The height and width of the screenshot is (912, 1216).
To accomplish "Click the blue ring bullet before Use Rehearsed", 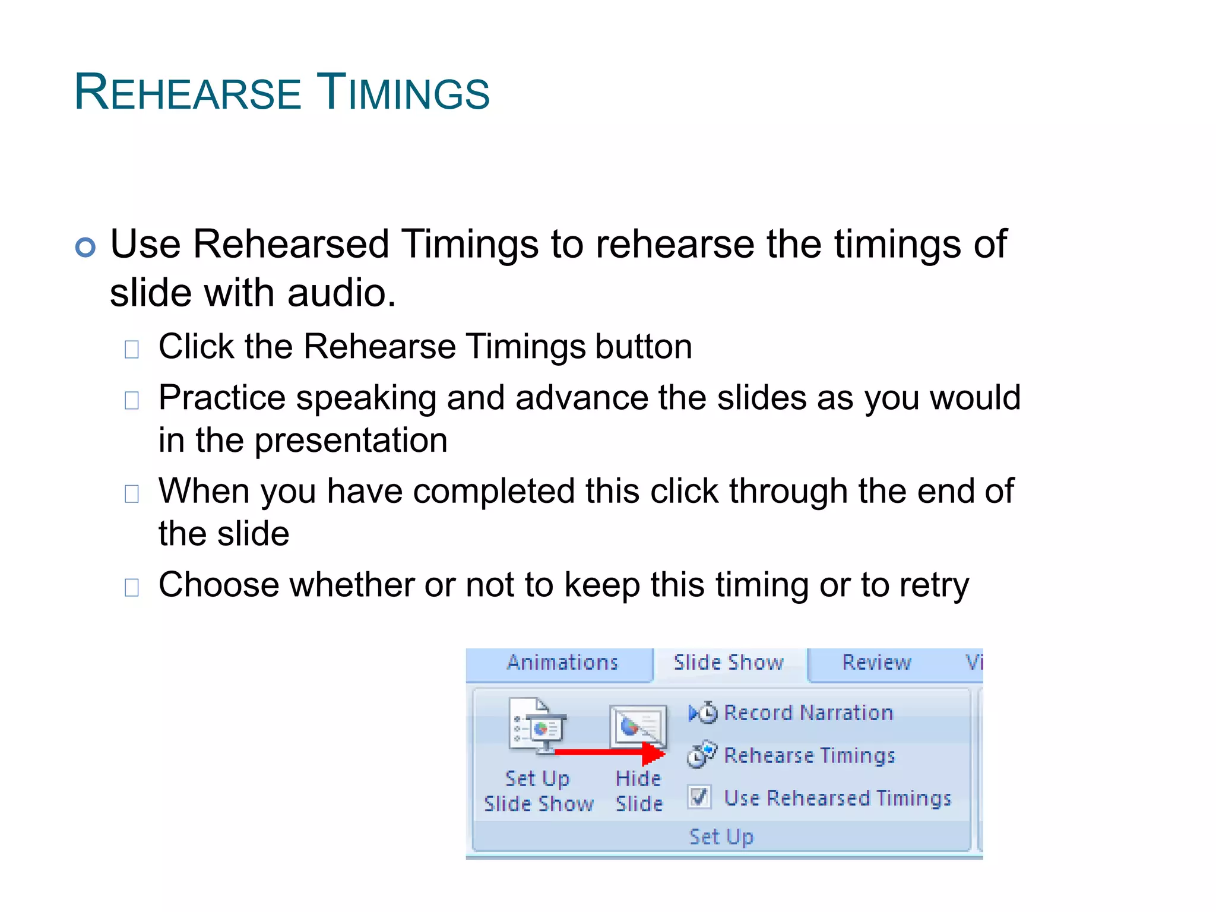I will tap(85, 247).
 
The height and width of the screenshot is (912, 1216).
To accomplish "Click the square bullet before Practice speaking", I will tap(132, 400).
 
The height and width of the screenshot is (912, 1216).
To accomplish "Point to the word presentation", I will tap(350, 441).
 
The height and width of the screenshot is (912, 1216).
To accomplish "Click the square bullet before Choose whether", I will tap(132, 587).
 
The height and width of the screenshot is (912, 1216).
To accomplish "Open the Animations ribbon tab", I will tap(562, 663).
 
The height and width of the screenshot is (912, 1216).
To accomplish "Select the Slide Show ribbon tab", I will tap(729, 663).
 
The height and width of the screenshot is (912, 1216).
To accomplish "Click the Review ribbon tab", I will tap(876, 663).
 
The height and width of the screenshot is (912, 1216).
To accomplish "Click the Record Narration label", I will tap(808, 712).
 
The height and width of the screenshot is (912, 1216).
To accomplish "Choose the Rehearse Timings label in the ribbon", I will tap(809, 755).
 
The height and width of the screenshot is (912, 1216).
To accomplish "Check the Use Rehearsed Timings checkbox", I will tap(699, 797).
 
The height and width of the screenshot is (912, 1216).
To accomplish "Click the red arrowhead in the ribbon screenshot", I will tap(653, 753).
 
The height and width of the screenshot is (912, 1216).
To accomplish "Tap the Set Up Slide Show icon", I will tap(538, 726).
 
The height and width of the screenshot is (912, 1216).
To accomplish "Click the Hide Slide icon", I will tap(638, 726).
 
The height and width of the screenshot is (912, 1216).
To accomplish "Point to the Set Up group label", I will tap(721, 837).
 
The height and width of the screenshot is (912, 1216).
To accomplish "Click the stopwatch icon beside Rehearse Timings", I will tap(701, 755).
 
